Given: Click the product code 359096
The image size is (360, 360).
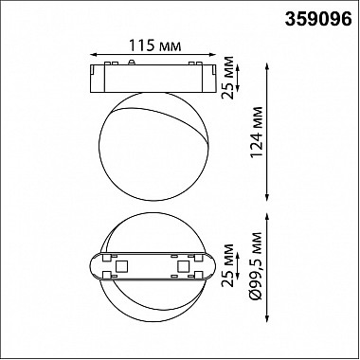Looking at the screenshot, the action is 318,20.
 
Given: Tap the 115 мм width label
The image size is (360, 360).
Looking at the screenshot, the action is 154,45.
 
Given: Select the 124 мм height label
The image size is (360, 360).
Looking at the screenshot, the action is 256,132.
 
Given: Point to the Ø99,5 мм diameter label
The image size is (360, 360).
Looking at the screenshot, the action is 256,266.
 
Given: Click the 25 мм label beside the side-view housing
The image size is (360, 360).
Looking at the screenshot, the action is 227,78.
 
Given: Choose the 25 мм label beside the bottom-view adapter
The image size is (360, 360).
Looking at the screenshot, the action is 227,265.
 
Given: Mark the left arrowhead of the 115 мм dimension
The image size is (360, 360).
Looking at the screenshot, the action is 93,55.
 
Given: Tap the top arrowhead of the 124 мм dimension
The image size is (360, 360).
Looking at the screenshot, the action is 267,67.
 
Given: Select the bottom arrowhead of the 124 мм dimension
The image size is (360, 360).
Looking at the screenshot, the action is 267,197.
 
